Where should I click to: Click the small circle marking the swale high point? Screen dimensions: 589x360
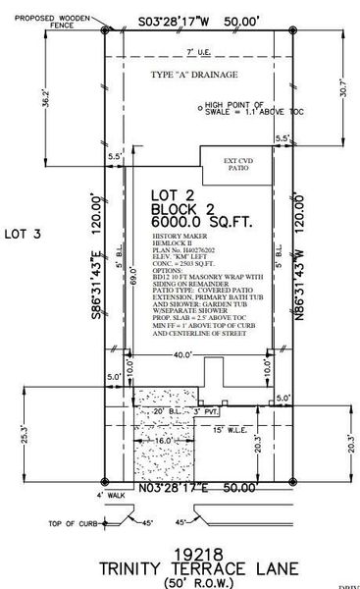coord(200,109)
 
